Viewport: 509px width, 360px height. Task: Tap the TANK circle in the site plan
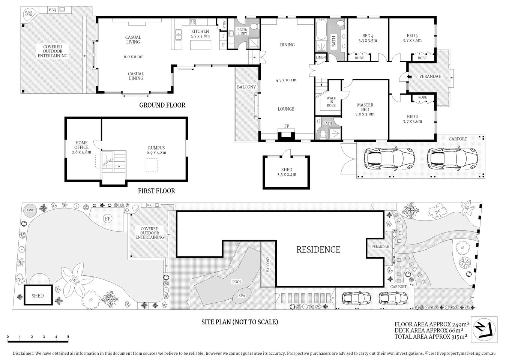pos(29,211)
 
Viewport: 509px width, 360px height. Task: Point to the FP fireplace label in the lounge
pos(287,126)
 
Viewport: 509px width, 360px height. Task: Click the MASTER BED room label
pos(365,107)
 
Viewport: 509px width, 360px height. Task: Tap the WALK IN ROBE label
pos(331,102)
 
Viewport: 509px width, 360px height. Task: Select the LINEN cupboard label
pos(321,57)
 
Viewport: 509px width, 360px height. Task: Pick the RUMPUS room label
pos(156,148)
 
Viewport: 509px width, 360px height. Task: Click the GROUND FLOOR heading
pos(162,105)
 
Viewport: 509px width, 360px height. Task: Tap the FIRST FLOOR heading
pos(156,191)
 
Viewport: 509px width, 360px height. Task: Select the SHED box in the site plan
pos(38,295)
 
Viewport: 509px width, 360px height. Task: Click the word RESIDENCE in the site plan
pos(318,249)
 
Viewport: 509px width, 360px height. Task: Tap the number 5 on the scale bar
pos(68,337)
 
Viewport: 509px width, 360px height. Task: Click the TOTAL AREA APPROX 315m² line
pos(431,337)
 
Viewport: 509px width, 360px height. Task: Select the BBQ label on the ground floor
pos(53,10)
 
